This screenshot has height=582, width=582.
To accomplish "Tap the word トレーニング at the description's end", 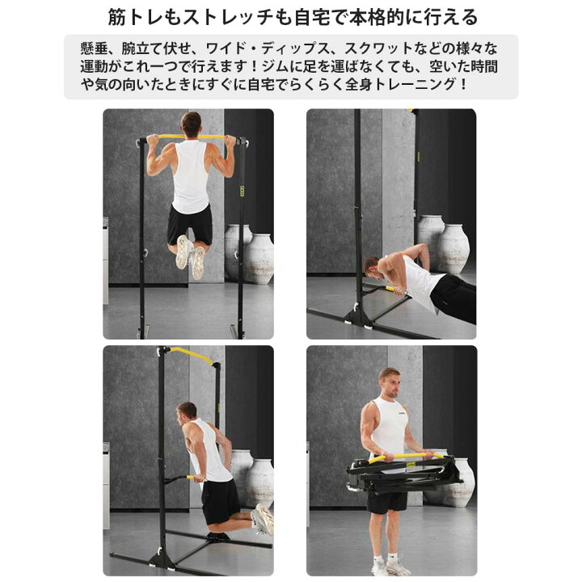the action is click(x=415, y=85).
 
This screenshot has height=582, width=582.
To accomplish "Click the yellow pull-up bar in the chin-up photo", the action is click(x=192, y=137).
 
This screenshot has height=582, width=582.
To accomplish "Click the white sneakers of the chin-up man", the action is click(x=191, y=256).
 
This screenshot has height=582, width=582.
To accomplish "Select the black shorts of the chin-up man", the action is click(x=190, y=224).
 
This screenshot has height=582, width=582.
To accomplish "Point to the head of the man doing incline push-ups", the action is click(x=372, y=267).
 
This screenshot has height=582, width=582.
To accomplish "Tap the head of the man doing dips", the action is click(x=187, y=414).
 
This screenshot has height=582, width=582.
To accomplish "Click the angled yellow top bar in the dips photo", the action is click(x=191, y=354).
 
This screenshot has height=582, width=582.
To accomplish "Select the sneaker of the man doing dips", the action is click(x=264, y=518).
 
